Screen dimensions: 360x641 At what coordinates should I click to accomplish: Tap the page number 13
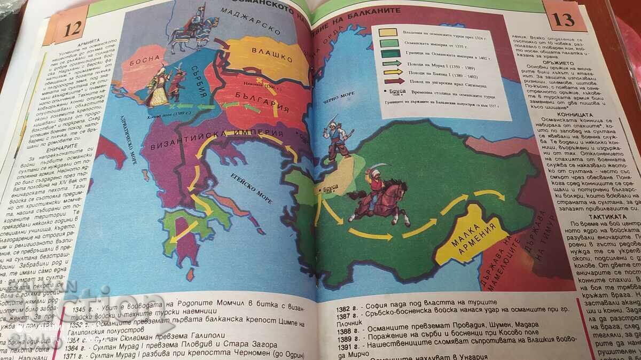[564, 20]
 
